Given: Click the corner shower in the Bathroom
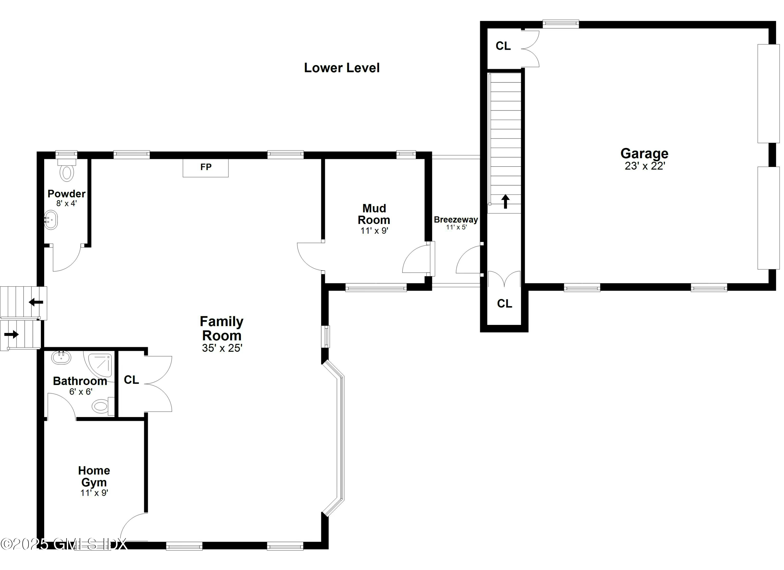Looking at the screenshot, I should tap(100, 364).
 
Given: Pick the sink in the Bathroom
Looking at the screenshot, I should tap(61, 358).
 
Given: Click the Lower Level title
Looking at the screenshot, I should tap(342, 68).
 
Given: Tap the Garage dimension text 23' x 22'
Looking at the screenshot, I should tap(645, 166).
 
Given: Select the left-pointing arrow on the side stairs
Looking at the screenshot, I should tap(36, 302).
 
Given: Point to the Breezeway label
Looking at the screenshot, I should tap(456, 220).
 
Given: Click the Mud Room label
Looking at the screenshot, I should tap(374, 214).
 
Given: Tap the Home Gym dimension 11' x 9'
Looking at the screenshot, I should tap(94, 493).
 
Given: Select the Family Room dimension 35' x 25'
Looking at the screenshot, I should tap(222, 348).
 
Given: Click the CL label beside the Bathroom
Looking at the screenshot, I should tap(131, 380).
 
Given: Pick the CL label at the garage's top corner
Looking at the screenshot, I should tap(503, 46).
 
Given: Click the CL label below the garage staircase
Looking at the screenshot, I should tap(504, 303).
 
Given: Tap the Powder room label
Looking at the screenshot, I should tap(66, 194).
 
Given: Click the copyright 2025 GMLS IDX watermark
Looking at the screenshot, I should tap(64, 544).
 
